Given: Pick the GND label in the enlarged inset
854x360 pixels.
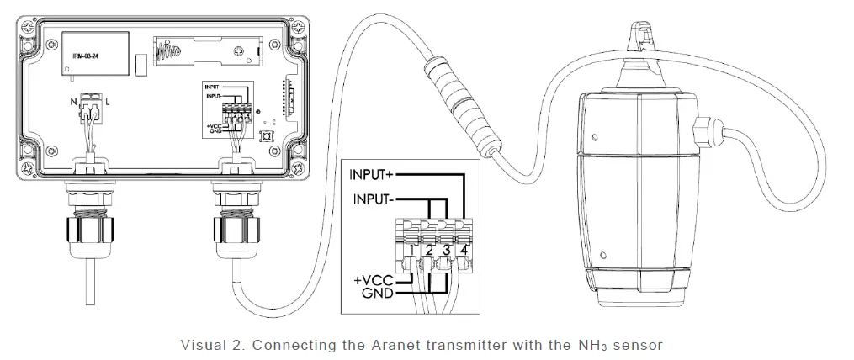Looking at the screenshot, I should [379, 293].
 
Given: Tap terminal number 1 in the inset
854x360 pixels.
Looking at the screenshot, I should [409, 249].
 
